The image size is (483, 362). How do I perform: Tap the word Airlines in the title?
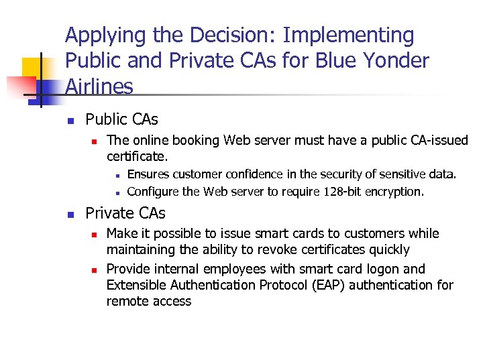click(x=99, y=86)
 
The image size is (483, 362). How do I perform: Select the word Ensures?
click(x=148, y=174)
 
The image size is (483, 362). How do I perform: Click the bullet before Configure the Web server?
click(x=116, y=192)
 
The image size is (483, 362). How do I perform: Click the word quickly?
click(x=385, y=250)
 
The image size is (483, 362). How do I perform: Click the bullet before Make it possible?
click(x=95, y=235)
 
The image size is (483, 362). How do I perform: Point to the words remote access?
click(x=149, y=301)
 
